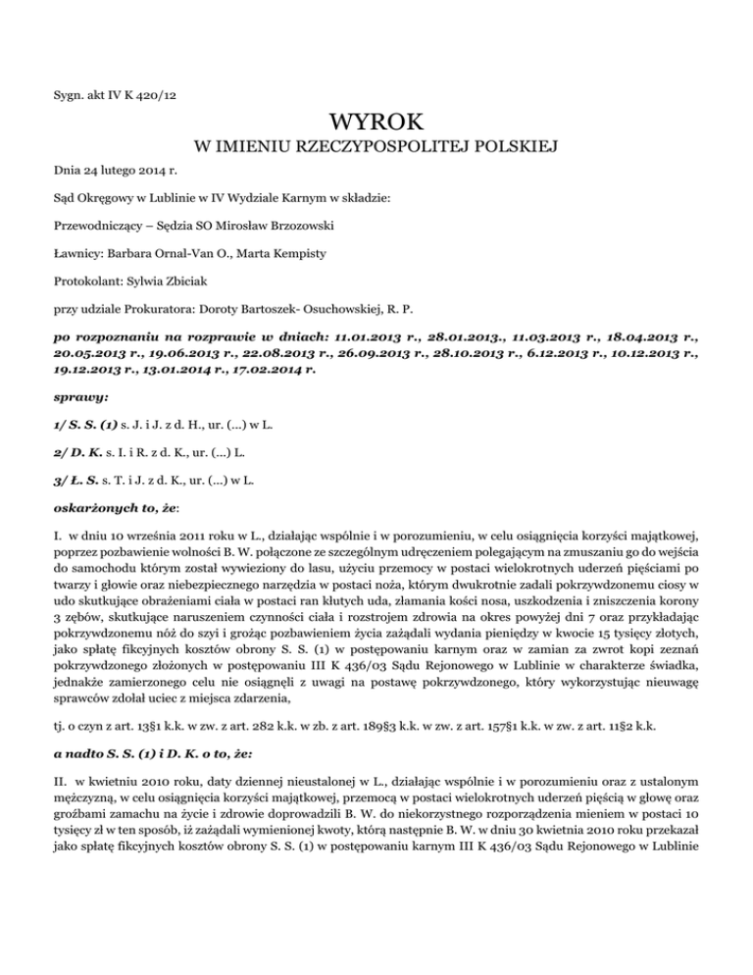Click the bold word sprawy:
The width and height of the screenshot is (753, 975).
click(x=75, y=400)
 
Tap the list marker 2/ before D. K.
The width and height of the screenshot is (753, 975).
click(x=61, y=455)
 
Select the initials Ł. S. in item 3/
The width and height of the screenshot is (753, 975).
click(x=85, y=483)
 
